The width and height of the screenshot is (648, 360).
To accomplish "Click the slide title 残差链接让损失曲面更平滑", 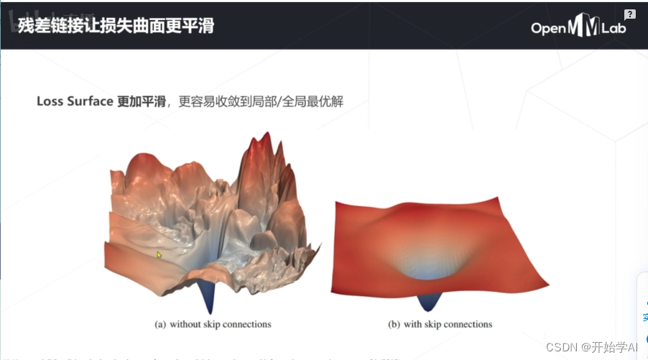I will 116,25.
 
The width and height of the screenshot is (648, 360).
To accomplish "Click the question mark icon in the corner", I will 630,14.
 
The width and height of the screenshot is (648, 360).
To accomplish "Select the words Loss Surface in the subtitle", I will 75,101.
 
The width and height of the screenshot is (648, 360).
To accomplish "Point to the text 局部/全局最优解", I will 294,101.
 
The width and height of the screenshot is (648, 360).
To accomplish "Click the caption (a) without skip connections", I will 213,324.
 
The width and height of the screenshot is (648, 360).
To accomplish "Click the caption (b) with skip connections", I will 440,324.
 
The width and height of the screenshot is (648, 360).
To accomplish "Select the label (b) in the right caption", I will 394,324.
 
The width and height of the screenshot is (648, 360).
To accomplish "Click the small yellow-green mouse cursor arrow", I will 159,254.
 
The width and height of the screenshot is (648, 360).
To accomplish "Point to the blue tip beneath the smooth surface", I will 430,301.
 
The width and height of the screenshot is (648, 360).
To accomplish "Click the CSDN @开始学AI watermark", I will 591,348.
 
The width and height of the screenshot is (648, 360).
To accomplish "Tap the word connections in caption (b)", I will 467,324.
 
